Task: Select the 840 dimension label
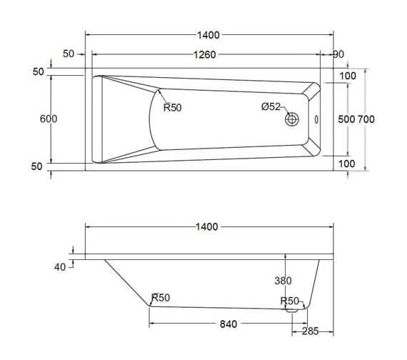click(x=228, y=324)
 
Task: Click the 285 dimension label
click(x=309, y=331)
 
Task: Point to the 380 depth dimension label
click(x=284, y=281)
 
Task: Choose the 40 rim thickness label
click(x=59, y=266)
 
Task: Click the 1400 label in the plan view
click(x=208, y=34)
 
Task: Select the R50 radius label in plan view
click(x=174, y=108)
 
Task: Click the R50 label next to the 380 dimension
click(x=289, y=301)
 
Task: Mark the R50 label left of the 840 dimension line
click(x=161, y=299)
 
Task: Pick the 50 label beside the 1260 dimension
click(x=69, y=54)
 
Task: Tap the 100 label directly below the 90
click(x=348, y=76)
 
